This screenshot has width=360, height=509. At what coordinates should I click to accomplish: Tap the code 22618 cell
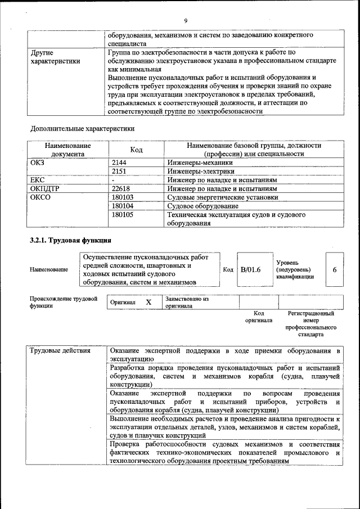[x=123, y=188]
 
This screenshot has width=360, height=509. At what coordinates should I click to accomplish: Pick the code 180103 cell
[x=124, y=197]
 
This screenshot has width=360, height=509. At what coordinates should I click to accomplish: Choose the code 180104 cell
[x=124, y=206]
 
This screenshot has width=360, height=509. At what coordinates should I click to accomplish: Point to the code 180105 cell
[x=124, y=215]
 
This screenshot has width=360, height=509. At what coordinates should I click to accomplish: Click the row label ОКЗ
[x=38, y=162]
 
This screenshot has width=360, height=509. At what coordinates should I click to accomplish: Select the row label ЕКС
[x=37, y=180]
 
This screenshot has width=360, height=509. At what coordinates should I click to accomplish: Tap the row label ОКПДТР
[x=44, y=188]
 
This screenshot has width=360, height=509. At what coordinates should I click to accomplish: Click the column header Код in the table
[x=136, y=150]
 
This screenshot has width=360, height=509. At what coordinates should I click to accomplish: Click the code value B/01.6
[x=251, y=270]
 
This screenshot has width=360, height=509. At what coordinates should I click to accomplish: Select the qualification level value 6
[x=334, y=270]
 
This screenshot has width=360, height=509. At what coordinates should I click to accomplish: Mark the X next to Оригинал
[x=148, y=302]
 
